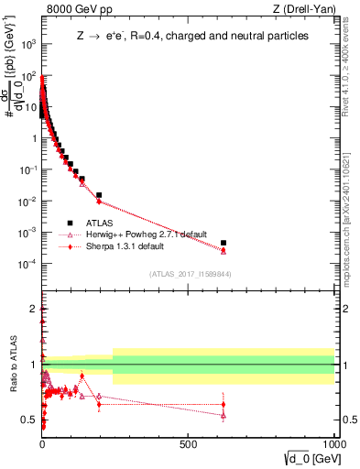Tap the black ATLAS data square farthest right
coord(224,243)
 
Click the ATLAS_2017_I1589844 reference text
coord(191,274)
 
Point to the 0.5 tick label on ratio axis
coord(29,420)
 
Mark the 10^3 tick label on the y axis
coord(29,44)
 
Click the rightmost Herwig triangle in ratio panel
coord(224,416)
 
